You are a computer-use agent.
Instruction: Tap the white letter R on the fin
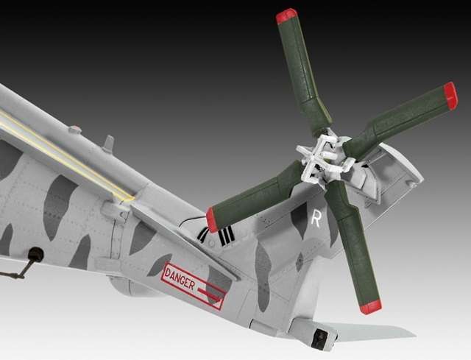(316, 219)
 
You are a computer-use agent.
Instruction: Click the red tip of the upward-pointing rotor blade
(286, 15)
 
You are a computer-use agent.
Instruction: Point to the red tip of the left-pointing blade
(212, 219)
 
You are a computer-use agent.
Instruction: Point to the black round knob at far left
(35, 255)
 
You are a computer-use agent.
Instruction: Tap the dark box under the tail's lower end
(320, 339)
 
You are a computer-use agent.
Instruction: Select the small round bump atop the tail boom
(74, 130)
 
